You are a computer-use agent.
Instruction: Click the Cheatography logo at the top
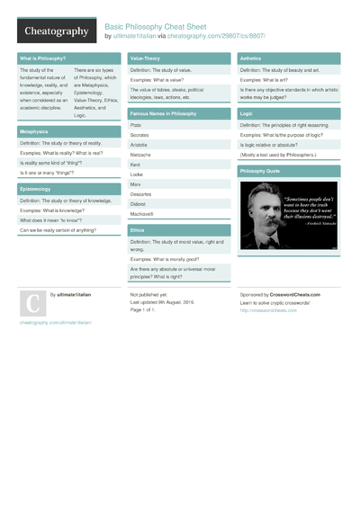click(x=55, y=31)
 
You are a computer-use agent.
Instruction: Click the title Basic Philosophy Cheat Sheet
click(x=163, y=27)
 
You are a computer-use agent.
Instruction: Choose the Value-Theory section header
click(x=147, y=58)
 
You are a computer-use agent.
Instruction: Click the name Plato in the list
click(x=136, y=125)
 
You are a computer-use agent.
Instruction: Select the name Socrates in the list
click(x=140, y=135)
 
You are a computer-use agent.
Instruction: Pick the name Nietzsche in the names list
click(x=142, y=154)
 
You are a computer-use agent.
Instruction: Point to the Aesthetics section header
click(x=251, y=58)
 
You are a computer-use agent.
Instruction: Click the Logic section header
click(x=247, y=114)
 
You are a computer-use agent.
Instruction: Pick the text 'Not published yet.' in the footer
click(x=148, y=294)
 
